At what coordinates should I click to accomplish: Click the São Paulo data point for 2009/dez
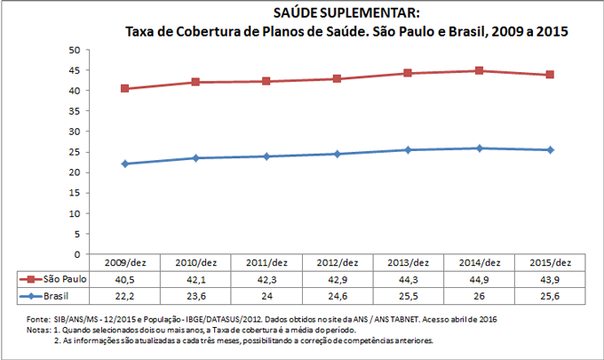click(125, 89)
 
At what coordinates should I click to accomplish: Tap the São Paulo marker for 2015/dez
click(550, 75)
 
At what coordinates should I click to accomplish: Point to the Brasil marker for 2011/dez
click(267, 156)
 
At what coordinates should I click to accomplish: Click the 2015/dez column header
click(550, 262)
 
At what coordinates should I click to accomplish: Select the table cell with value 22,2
click(125, 294)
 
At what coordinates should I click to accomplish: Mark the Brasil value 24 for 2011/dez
click(267, 294)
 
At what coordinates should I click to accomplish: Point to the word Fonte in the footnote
click(38, 317)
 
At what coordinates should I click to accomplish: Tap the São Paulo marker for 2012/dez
click(338, 79)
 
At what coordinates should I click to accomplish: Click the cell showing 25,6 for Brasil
click(550, 294)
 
